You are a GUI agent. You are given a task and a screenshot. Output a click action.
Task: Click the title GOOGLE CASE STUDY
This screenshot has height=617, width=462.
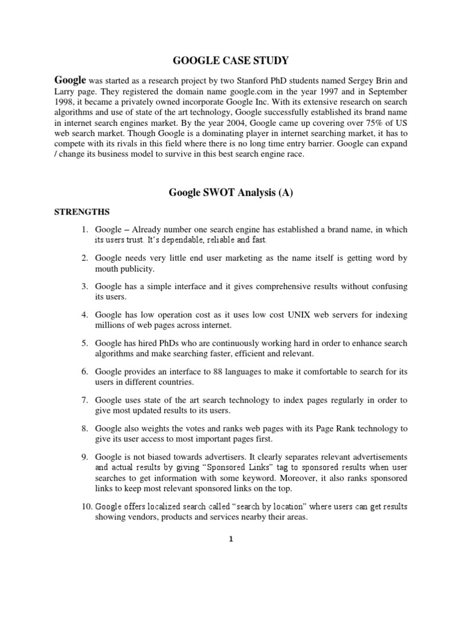[231, 60]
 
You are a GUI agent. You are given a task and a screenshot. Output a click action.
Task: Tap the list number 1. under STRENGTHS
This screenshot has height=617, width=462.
[85, 230]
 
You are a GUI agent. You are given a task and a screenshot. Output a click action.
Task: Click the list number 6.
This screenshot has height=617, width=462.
[85, 371]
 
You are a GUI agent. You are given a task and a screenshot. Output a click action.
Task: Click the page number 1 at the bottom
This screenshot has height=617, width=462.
[231, 540]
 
